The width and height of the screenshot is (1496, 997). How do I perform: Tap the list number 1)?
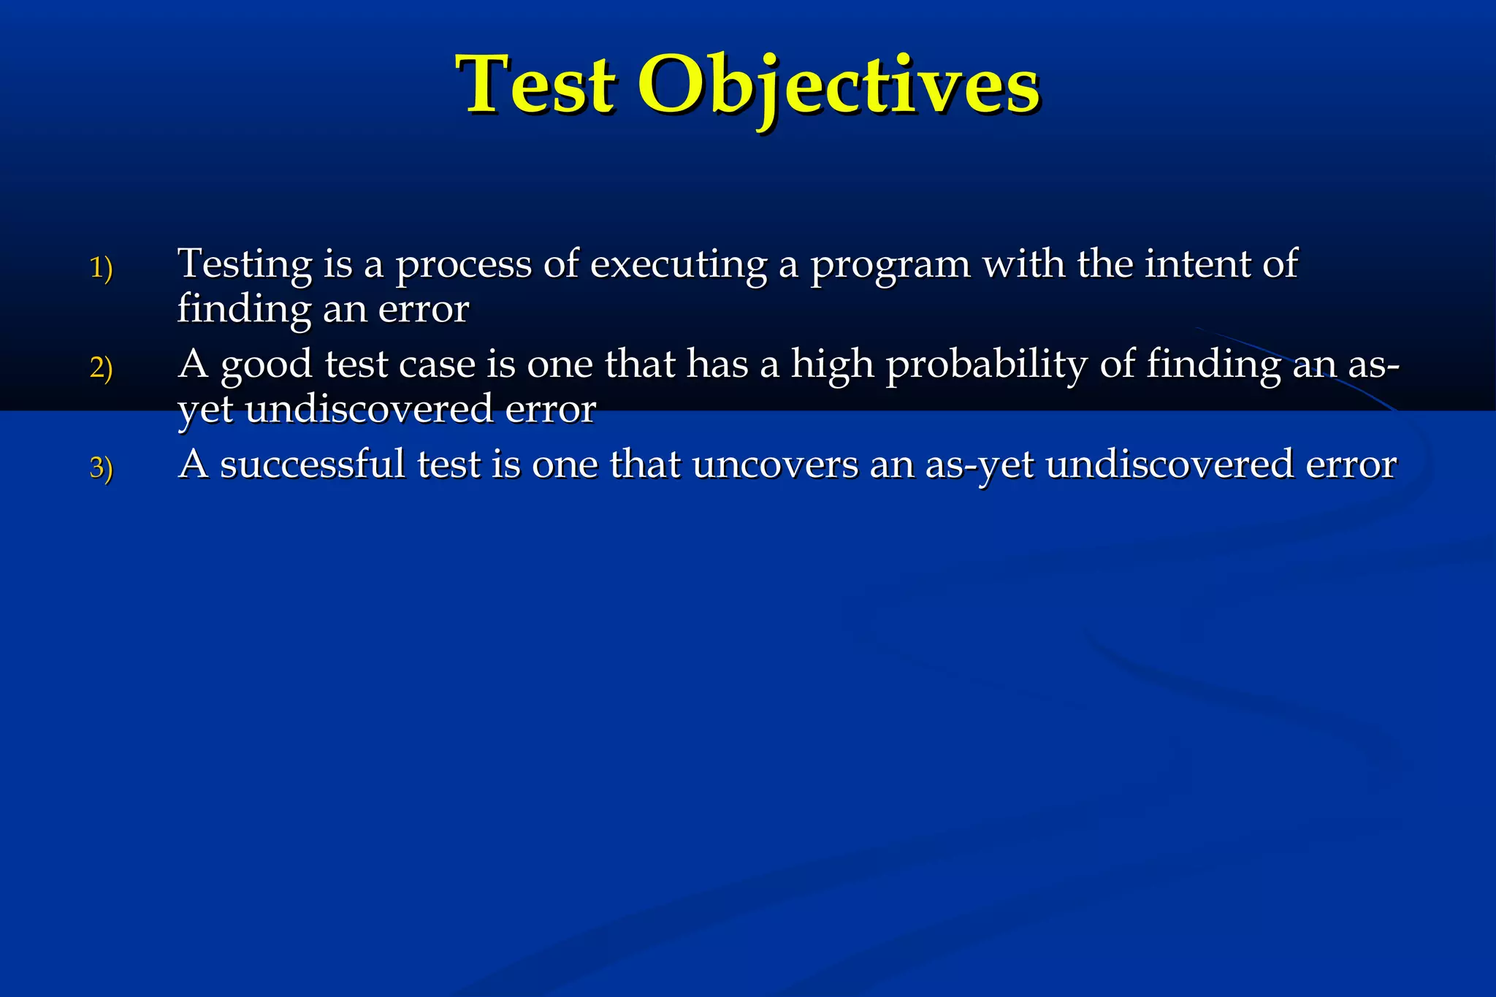tap(101, 268)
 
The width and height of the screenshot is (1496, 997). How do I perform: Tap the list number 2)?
tap(101, 368)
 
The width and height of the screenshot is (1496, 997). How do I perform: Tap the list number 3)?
tap(101, 468)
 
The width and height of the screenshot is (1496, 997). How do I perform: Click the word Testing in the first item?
tap(245, 264)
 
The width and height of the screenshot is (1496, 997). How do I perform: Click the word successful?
tap(312, 464)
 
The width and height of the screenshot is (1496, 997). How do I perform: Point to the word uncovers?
tap(775, 465)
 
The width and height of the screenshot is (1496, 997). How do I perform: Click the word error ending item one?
tap(423, 309)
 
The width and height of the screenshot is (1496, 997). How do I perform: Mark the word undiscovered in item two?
tap(369, 408)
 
